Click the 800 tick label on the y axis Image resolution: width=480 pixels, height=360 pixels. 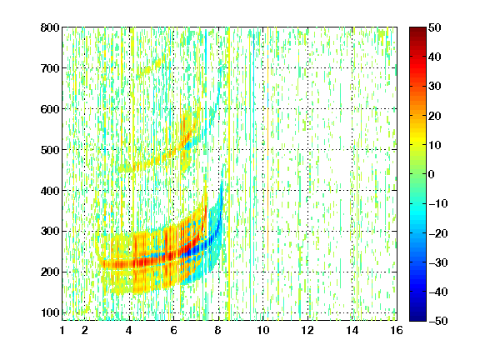pos(50,27)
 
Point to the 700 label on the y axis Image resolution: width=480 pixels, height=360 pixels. pos(50,68)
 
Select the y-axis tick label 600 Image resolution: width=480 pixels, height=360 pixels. pos(50,109)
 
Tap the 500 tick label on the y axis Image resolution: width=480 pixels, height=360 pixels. pos(50,150)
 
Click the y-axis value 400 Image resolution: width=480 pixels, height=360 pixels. pos(50,191)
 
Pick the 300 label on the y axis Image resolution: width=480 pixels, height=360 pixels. pos(50,231)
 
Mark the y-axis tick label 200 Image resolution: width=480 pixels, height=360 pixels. pos(50,272)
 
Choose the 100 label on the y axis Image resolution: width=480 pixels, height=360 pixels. pos(50,312)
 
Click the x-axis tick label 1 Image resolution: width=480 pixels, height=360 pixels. pos(62,330)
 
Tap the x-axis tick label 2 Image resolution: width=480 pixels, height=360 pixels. pos(84,330)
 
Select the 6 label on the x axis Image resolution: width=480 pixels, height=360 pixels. pos(173,330)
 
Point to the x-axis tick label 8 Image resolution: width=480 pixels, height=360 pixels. pos(218,330)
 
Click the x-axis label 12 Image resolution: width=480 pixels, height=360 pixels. pos(307,330)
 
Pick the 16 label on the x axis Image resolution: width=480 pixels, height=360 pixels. pos(397,330)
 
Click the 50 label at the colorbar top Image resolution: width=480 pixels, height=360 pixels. pos(434,27)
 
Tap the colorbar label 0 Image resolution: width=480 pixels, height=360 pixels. pos(431,174)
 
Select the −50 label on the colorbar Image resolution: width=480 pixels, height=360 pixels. pos(438,321)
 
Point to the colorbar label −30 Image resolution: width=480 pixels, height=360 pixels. pos(438,262)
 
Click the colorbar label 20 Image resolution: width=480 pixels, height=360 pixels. pos(434,116)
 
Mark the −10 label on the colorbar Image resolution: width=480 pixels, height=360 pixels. pos(438,203)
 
